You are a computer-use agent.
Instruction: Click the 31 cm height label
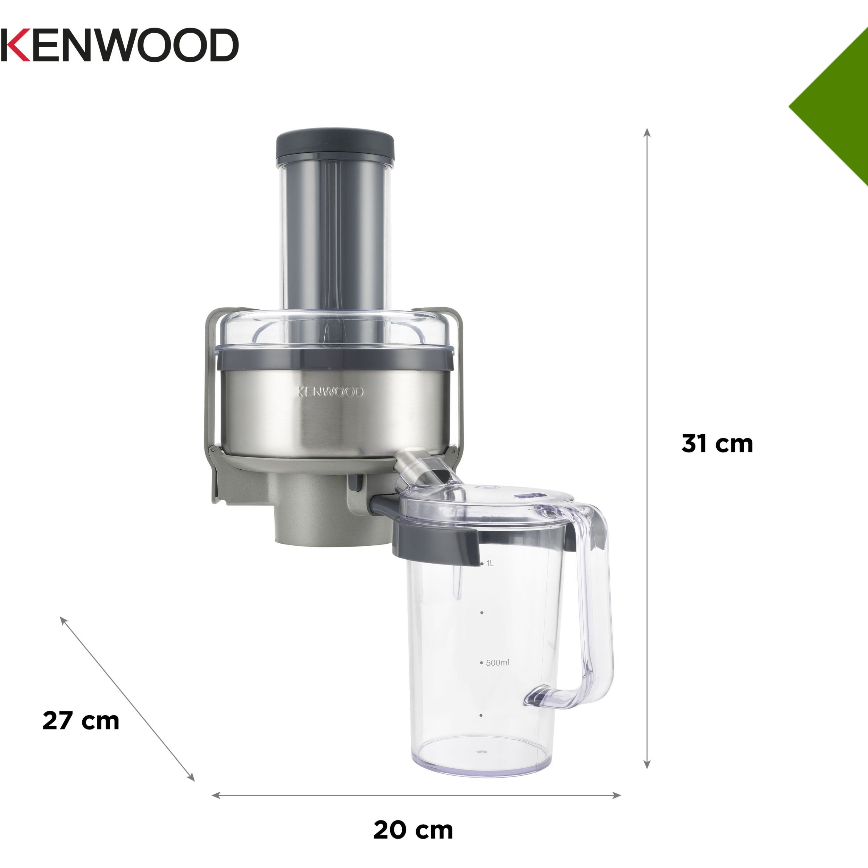click(717, 443)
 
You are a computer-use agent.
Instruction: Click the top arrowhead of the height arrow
click(647, 132)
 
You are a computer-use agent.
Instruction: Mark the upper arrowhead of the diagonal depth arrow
click(63, 621)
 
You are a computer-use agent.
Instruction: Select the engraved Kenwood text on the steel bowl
click(330, 392)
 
